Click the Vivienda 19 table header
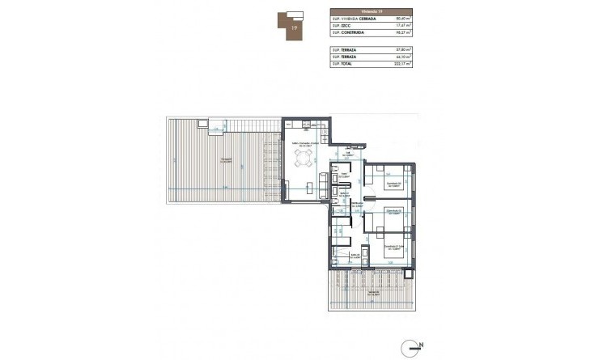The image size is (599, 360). [x=372, y=11]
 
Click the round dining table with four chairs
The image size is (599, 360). [x=304, y=159]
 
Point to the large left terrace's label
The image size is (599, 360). [x=227, y=159]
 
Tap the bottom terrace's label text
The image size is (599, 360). [x=372, y=292]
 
